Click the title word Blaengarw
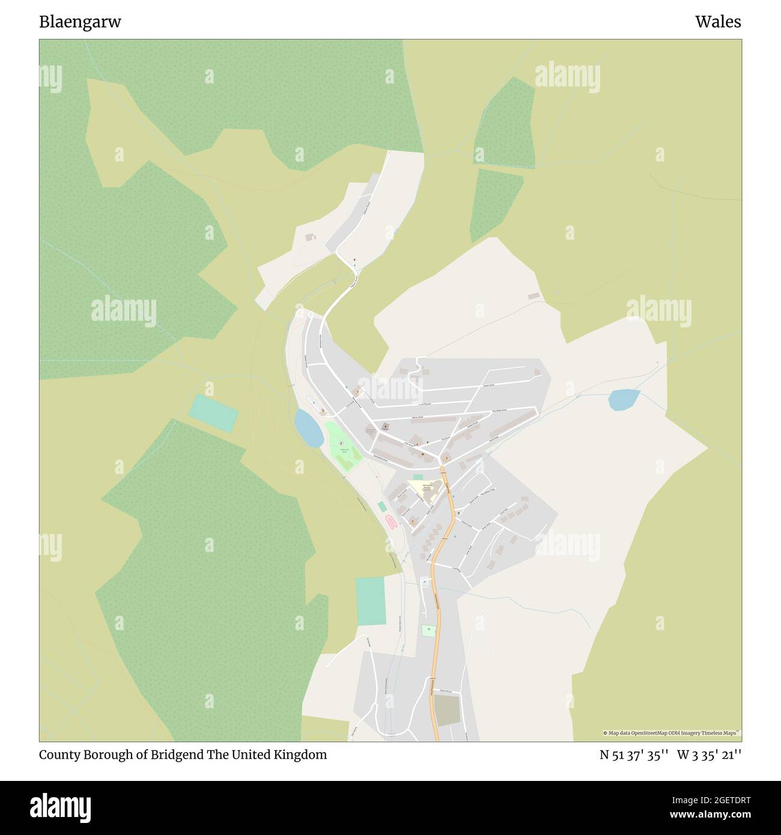(80, 22)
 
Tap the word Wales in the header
(718, 22)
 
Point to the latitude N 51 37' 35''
(634, 755)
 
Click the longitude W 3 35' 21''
(709, 755)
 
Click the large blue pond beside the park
(308, 428)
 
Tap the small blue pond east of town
(623, 399)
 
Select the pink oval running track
(390, 521)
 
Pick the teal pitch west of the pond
(213, 413)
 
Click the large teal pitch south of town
(370, 601)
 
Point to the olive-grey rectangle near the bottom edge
(448, 711)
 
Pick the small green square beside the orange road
(427, 631)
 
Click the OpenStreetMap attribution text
(671, 733)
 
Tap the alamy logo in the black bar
(61, 807)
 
